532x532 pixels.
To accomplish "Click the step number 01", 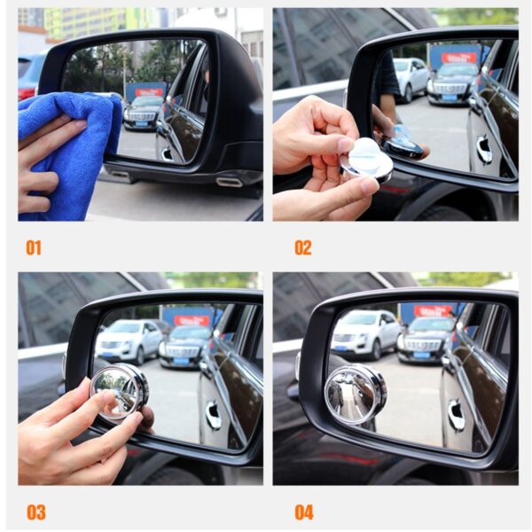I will click(33, 247).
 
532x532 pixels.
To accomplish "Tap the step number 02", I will click(303, 247).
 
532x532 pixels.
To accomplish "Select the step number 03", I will click(35, 512).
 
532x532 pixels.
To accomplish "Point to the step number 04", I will click(304, 512).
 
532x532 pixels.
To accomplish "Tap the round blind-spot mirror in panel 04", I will click(355, 395).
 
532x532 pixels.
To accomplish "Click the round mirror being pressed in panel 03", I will click(119, 391).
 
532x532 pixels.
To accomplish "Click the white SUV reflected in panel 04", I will click(365, 333).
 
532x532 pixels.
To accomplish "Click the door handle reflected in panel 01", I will click(167, 153).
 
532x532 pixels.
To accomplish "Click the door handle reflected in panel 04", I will click(456, 415).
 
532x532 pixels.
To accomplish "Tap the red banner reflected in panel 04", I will click(433, 310).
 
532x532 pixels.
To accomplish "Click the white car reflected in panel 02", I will click(411, 79).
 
